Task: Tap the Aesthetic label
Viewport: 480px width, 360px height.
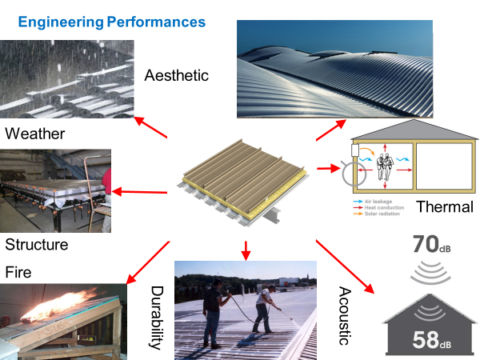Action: tap(177, 76)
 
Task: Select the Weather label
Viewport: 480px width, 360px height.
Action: tap(34, 133)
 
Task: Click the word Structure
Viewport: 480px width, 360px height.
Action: tap(37, 244)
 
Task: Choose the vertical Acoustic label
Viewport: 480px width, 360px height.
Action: tap(345, 316)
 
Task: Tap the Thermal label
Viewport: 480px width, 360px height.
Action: tap(443, 208)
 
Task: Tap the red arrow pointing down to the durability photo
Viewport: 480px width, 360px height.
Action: tap(246, 249)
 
